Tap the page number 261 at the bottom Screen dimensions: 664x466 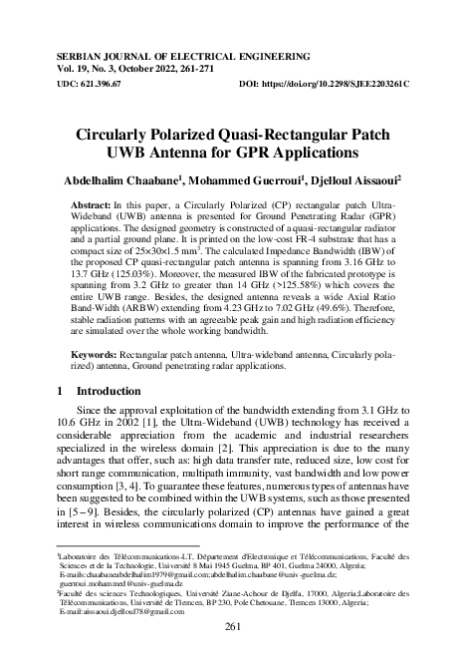pyautogui.click(x=232, y=626)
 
